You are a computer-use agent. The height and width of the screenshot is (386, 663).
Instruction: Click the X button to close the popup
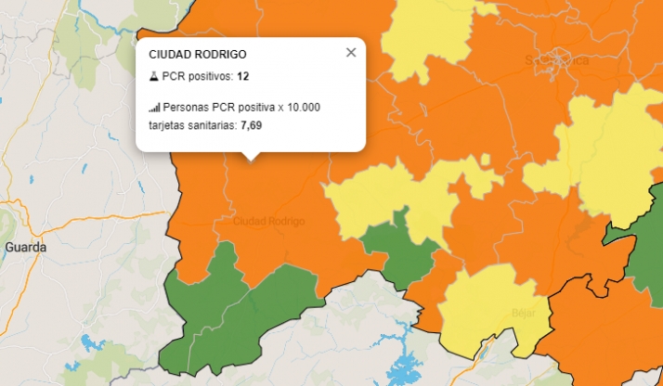(351, 53)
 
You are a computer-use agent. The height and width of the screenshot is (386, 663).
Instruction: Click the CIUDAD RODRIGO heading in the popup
(198, 56)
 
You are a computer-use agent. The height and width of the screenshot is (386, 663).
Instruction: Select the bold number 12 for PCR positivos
(242, 76)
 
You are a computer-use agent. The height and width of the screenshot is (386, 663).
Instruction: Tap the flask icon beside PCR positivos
(154, 76)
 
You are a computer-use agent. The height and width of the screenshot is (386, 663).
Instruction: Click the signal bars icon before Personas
(154, 108)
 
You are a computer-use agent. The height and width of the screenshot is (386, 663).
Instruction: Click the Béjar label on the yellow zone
(524, 314)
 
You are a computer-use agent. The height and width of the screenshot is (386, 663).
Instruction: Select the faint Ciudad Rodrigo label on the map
(268, 222)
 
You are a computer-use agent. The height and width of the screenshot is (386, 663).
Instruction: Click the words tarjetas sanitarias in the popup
(191, 124)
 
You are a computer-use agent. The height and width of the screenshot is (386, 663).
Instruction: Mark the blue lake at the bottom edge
(404, 368)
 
